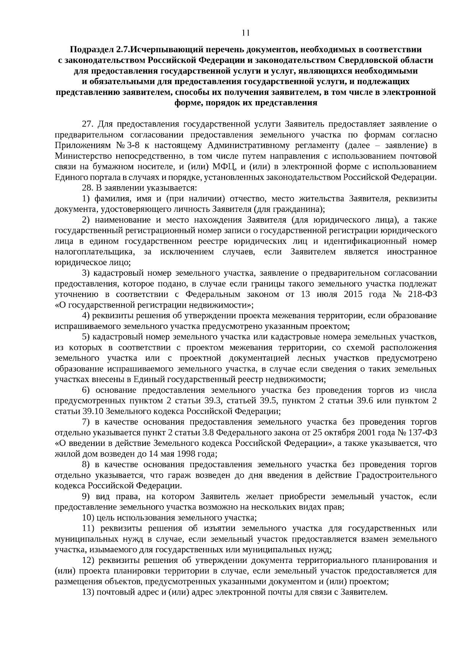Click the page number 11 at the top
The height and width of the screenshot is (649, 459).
click(x=246, y=33)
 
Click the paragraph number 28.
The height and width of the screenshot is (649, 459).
click(x=88, y=188)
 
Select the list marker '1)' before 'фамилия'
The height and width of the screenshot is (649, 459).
click(x=86, y=198)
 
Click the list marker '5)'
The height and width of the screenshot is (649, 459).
click(x=86, y=337)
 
